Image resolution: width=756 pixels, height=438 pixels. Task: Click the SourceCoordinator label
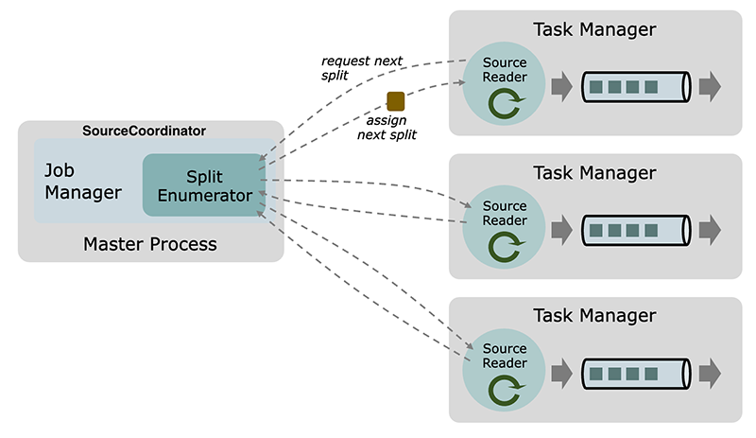(x=145, y=131)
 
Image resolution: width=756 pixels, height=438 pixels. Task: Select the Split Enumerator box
(x=204, y=185)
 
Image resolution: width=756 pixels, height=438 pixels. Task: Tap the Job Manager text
(x=83, y=181)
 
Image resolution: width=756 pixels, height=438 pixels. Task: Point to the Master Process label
(x=150, y=244)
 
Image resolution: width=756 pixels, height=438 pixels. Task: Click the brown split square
(x=396, y=101)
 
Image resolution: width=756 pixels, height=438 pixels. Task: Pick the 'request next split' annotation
(x=362, y=68)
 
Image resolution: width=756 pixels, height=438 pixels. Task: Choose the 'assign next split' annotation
(x=387, y=128)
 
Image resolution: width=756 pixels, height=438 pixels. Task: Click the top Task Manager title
(x=594, y=29)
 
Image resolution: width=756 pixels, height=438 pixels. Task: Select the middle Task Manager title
(x=594, y=173)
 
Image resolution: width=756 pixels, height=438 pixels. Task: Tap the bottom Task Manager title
(x=594, y=315)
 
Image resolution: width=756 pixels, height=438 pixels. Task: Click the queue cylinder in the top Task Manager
(x=636, y=87)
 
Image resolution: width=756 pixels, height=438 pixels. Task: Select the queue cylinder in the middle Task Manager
(x=636, y=230)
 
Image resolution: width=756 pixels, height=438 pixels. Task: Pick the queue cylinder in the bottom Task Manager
(x=636, y=373)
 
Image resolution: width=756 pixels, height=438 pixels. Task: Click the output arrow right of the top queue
(x=711, y=86)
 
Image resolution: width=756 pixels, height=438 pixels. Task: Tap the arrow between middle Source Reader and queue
(x=561, y=229)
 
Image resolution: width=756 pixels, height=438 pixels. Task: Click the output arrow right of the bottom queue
(x=711, y=373)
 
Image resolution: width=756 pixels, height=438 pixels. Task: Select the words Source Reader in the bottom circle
(x=505, y=356)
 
